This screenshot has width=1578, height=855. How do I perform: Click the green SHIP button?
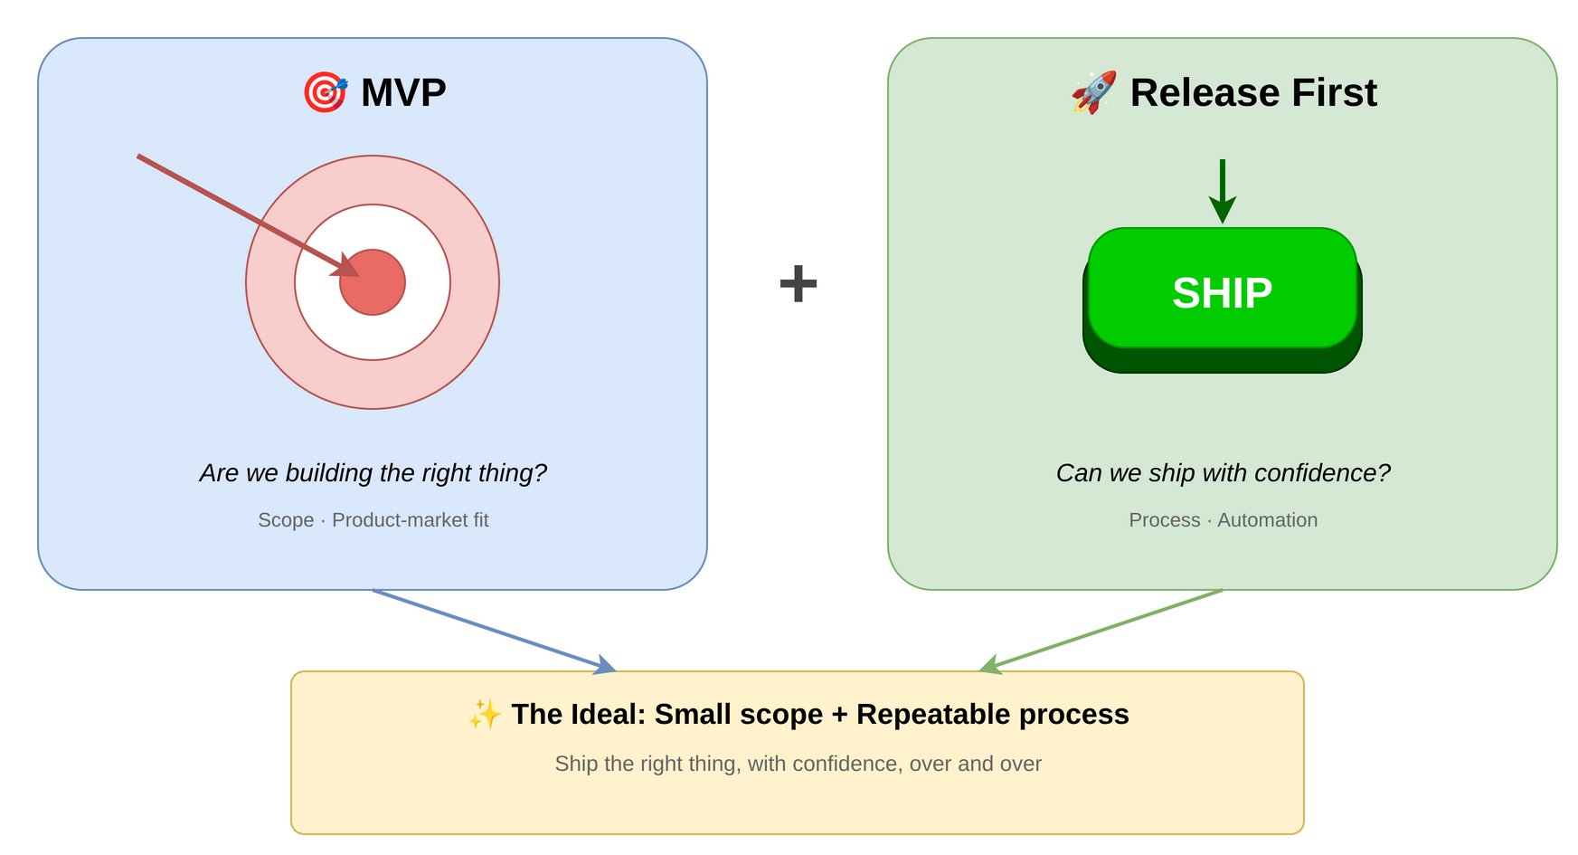click(1222, 291)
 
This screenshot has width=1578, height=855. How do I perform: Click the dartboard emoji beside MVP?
click(324, 92)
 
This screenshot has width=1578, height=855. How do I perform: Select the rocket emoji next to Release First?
click(1093, 92)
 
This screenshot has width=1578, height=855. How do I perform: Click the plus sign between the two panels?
click(798, 283)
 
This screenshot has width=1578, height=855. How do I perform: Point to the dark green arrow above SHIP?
click(1222, 191)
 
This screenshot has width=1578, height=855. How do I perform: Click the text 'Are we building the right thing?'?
click(373, 472)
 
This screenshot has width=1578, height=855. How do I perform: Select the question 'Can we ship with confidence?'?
click(1222, 472)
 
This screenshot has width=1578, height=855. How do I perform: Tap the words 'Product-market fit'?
click(410, 520)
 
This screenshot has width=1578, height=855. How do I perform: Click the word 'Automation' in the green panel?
click(1266, 520)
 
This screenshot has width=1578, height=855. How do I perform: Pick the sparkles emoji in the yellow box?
click(485, 715)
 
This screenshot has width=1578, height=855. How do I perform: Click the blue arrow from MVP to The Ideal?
click(493, 631)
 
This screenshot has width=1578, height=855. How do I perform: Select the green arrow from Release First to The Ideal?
click(1103, 631)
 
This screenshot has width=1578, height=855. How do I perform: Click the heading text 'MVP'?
click(403, 92)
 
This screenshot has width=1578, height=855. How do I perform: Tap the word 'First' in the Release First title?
click(1334, 92)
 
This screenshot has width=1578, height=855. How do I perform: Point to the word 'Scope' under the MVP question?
click(286, 520)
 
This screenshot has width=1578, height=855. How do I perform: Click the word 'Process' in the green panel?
click(1164, 520)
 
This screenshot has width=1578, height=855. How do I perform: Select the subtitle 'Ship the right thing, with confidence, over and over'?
click(798, 764)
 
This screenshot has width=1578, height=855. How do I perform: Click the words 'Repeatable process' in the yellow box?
click(992, 715)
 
